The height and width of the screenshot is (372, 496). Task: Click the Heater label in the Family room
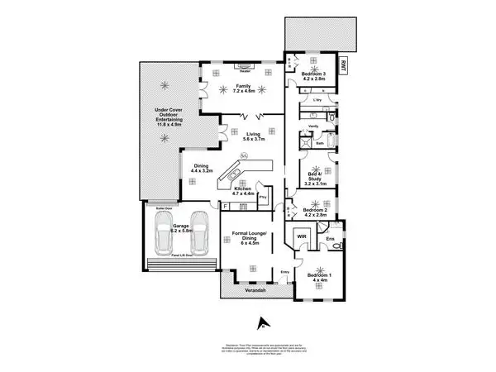pyautogui.click(x=246, y=59)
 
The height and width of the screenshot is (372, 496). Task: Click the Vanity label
pyautogui.click(x=313, y=125)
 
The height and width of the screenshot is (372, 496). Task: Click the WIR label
pyautogui.click(x=302, y=237)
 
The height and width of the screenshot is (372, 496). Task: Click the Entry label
pyautogui.click(x=286, y=272)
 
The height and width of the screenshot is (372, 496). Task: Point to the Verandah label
pyautogui.click(x=245, y=291)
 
